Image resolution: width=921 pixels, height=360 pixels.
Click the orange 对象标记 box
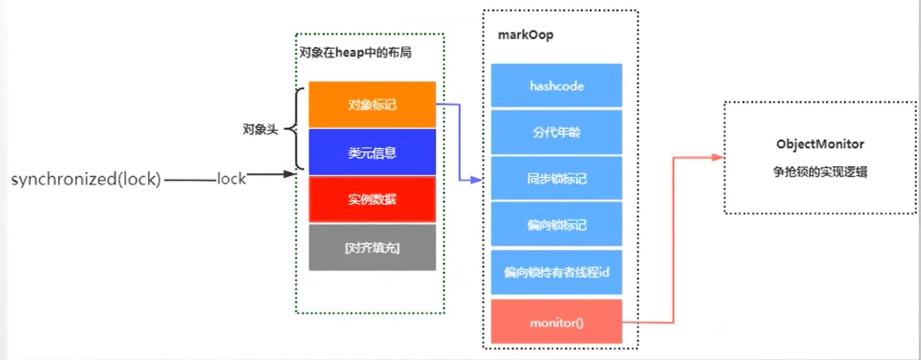pos(372,104)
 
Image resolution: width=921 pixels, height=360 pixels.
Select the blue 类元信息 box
pos(372,152)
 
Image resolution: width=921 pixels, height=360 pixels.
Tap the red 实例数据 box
pos(372,199)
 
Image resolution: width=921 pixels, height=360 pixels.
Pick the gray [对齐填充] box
pos(372,247)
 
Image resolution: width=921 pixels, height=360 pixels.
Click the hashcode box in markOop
pos(557,85)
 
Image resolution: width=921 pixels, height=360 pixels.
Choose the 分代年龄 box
pos(557,133)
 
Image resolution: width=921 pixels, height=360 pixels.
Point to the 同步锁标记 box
pos(557,179)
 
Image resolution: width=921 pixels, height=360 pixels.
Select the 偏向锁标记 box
pos(557,225)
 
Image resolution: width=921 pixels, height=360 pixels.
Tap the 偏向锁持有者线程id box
pos(557,272)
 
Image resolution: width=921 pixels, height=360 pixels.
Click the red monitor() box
pos(557,322)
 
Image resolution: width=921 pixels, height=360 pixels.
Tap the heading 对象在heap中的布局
pos(355,53)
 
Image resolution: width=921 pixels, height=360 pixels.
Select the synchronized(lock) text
pos(85,179)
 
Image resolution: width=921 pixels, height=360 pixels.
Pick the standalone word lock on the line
pos(231,179)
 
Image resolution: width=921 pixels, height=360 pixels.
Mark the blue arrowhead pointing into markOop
pos(476,181)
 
